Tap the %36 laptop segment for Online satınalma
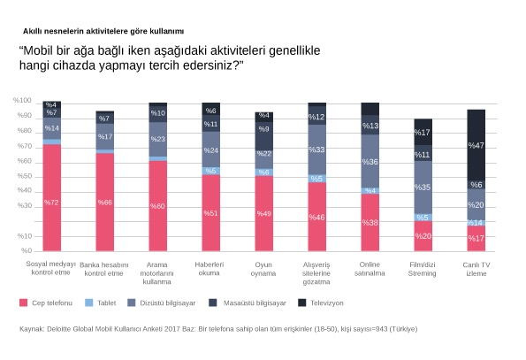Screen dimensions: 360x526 click(370, 161)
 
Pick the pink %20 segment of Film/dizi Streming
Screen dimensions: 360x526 click(423, 236)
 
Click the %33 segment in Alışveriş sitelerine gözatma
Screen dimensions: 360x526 click(316, 149)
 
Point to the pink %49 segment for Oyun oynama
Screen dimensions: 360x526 click(263, 214)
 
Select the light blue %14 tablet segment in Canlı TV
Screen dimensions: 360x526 click(476, 223)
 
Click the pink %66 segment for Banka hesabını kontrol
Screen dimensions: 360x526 click(104, 203)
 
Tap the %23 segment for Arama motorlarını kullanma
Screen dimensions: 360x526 click(157, 139)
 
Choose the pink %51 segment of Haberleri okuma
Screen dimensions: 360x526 click(210, 213)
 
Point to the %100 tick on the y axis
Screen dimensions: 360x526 click(23, 102)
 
